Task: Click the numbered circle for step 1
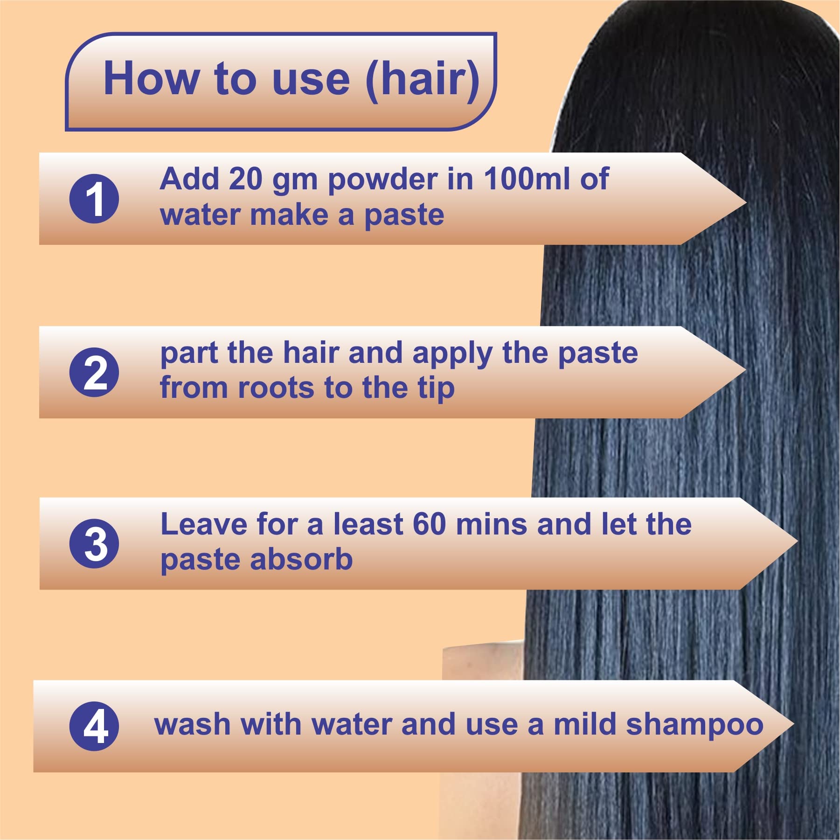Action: coord(94,199)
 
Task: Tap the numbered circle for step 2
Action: coord(94,372)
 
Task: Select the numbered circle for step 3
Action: coord(94,543)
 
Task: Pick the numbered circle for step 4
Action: coord(94,726)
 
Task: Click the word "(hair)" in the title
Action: coord(423,80)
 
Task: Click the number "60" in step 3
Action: coord(430,524)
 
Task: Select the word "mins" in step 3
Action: coord(491,524)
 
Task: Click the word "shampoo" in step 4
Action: coord(694,726)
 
